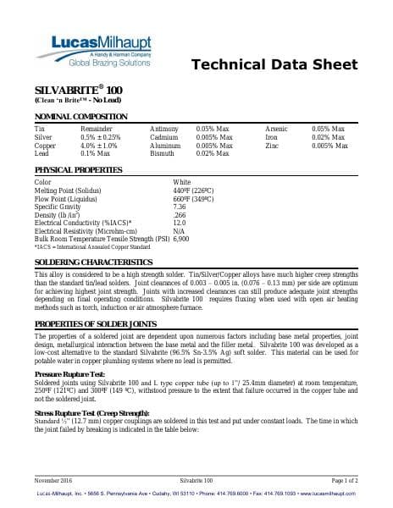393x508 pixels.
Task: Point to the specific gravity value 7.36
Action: click(179, 207)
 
